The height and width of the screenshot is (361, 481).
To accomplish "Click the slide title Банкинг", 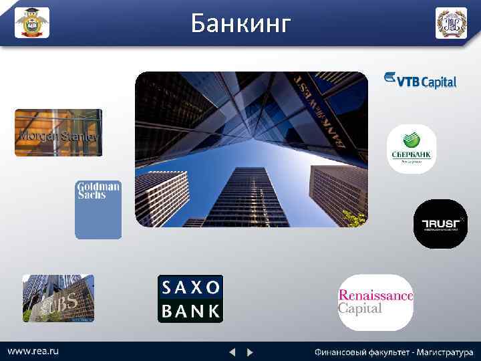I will [x=240, y=24].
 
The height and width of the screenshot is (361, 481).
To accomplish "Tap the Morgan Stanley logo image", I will [x=58, y=132].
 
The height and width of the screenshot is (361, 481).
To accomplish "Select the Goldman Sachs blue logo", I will [x=98, y=209].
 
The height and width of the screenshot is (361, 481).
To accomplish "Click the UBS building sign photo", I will [x=58, y=298].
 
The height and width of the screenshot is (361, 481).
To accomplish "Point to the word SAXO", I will [x=190, y=287].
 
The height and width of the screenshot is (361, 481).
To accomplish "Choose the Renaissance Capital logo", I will [x=375, y=302].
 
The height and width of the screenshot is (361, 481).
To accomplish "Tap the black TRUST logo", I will [x=439, y=224].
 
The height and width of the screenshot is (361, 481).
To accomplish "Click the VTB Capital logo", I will [x=420, y=80].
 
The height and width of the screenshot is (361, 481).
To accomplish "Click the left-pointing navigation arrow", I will [x=232, y=352].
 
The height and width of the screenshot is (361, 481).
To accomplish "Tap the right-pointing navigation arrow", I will [x=250, y=352].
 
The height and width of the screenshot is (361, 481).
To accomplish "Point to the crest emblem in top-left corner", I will [x=32, y=23].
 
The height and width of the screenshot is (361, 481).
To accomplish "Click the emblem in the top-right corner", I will [x=452, y=23].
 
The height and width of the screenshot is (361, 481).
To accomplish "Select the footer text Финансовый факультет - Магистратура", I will [x=394, y=352].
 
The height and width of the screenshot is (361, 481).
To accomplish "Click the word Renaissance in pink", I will [x=375, y=295].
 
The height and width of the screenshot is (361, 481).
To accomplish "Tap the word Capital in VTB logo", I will [x=438, y=82].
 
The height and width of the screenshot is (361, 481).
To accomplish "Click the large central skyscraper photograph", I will [x=251, y=149].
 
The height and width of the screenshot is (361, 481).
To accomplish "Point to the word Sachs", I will [x=92, y=195].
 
